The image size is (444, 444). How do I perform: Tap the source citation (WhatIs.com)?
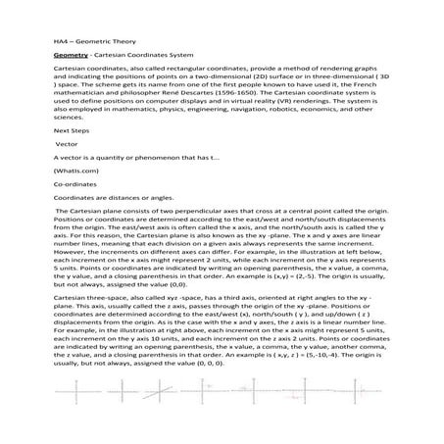tap(75, 198)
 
